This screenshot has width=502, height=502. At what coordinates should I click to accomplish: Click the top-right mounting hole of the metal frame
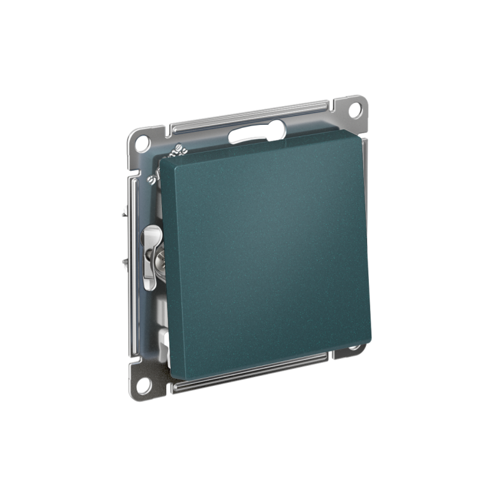click(x=355, y=109)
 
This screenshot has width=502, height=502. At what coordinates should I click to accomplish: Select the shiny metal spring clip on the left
click(x=151, y=257)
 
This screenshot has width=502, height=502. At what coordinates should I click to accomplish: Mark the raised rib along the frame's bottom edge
click(x=251, y=373)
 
